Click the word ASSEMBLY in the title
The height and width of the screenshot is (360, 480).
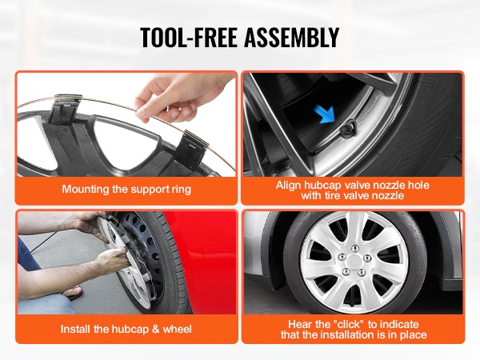point(292,38)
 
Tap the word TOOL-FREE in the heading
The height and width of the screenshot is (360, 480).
point(189,38)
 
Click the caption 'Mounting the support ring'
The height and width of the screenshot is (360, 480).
point(126,189)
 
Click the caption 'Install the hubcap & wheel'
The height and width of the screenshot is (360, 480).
point(126,329)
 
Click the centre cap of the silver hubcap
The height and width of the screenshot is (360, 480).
point(354,262)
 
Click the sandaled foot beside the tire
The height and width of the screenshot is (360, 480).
point(72,291)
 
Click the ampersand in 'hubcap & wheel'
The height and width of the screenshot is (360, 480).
point(155,329)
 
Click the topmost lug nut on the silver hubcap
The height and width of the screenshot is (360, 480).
point(354,248)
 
